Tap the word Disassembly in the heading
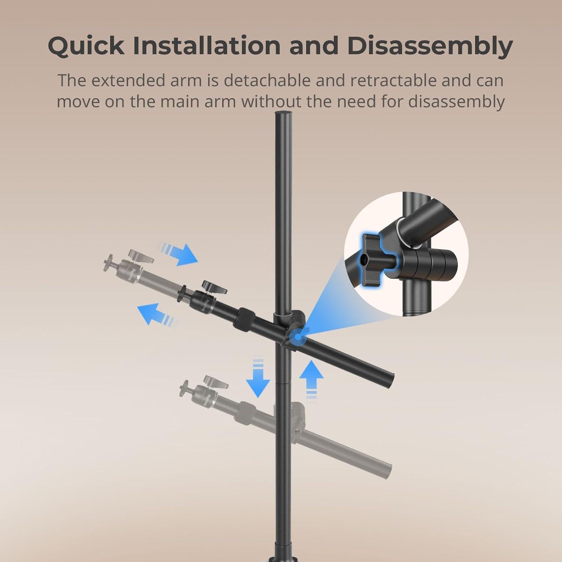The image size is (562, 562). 430,46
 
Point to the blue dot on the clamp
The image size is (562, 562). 297,336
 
